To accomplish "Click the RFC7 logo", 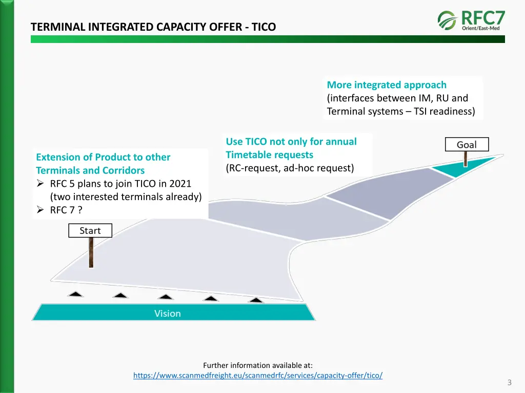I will coord(472,20).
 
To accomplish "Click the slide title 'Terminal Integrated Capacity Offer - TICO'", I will coord(153,27).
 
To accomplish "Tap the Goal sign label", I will coord(466,145).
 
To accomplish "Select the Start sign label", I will coord(90,231).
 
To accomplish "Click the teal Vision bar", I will coord(168,313).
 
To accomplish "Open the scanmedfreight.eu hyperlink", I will coord(257,376).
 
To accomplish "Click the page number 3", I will coord(509,382).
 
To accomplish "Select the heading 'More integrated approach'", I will coord(387,85).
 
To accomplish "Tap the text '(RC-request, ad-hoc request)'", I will coord(290,168).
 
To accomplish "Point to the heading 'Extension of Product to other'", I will coord(103,157).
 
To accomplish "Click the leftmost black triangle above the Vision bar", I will coord(75,294).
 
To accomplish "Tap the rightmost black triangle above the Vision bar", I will coord(255,299).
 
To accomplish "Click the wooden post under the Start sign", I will coord(91,252).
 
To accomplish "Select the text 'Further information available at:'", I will coord(257,365).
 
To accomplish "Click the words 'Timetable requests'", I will coord(269,155).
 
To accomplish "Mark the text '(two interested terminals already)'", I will coord(126,196).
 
